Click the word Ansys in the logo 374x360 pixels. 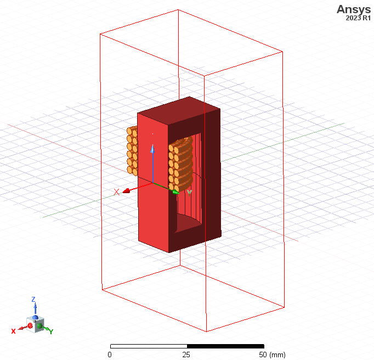pos(354,9)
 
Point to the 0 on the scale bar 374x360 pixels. pos(110,355)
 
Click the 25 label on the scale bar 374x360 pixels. pos(186,355)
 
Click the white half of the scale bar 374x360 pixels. pos(148,346)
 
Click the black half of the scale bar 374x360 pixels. pos(224,346)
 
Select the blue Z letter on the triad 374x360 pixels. pos(33,299)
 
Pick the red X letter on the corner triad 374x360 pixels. pos(14,331)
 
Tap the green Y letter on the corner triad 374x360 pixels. pos(51,331)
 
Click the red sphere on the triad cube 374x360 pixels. pos(30,326)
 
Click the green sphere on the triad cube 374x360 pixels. pos(39,327)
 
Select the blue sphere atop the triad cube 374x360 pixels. pos(35,317)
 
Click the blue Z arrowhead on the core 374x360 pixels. pos(152,149)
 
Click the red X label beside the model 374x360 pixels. pos(116,192)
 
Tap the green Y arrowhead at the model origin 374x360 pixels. pos(175,192)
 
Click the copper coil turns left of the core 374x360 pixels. pos(132,151)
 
